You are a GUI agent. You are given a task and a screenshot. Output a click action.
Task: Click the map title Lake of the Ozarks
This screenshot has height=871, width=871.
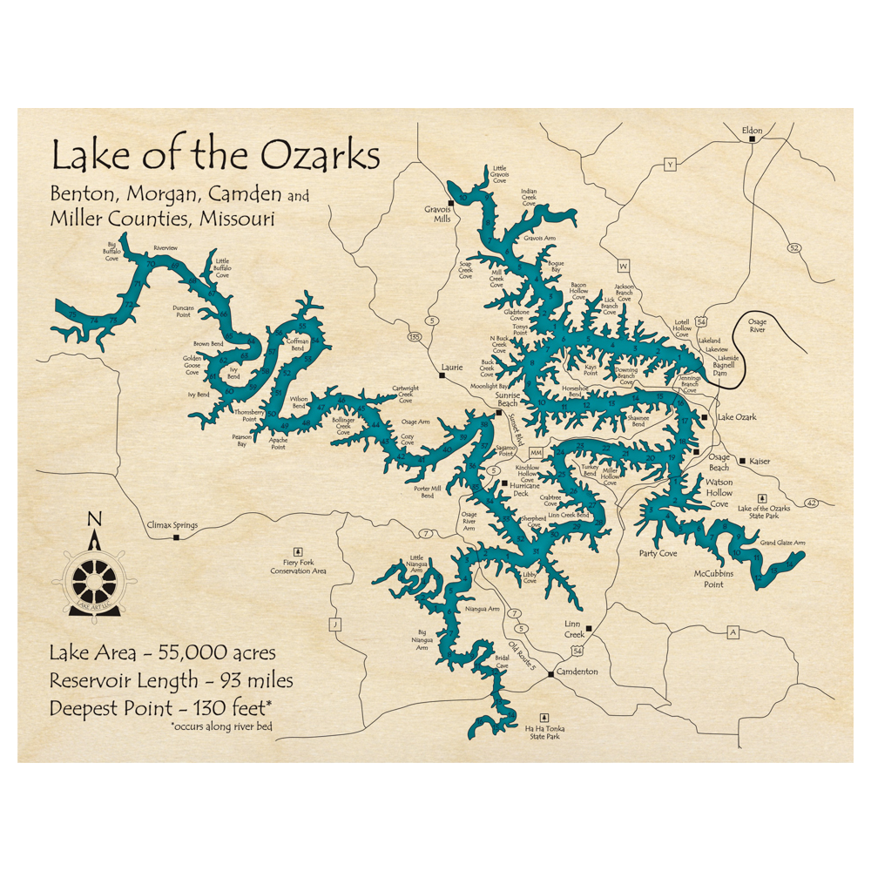point(215,156)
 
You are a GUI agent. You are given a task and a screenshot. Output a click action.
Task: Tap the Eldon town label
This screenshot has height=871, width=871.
point(751,131)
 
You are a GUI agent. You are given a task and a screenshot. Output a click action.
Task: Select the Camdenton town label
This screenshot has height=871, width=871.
point(577,672)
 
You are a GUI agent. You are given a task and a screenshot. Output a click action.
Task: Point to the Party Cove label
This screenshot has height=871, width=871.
point(658,553)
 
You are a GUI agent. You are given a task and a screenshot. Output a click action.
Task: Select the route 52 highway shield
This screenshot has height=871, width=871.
point(793,248)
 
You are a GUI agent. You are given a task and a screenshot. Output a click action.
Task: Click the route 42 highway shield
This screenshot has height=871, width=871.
point(812,503)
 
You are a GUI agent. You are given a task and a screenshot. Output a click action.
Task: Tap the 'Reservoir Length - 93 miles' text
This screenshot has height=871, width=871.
point(171,679)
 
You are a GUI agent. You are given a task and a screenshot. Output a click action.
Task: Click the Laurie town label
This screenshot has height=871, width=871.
point(451,368)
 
